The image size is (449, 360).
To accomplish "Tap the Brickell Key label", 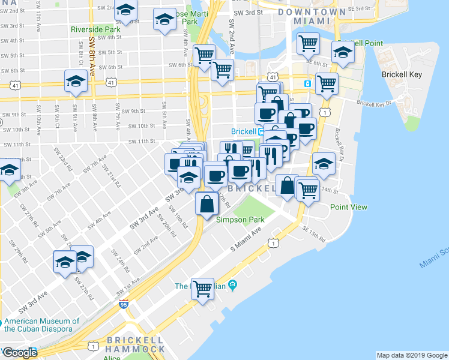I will (402, 75).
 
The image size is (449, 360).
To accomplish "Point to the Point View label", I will (348, 207).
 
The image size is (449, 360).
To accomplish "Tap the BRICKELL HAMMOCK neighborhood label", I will (135, 344).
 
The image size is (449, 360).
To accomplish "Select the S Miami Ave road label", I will (247, 240).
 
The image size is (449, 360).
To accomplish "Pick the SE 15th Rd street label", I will (313, 236).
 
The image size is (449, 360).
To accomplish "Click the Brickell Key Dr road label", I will (374, 103).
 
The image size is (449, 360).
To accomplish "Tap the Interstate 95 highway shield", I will (124, 305).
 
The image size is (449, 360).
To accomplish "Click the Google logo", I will (19, 353).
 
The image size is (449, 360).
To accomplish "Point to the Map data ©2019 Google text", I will (412, 355).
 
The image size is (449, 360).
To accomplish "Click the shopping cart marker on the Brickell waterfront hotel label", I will (203, 289).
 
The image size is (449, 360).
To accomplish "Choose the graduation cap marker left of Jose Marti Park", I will (164, 20).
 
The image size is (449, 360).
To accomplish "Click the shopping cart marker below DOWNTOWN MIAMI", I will (307, 44).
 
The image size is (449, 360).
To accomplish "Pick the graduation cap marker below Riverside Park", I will (76, 82).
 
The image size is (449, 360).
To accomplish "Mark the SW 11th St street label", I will (142, 142).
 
